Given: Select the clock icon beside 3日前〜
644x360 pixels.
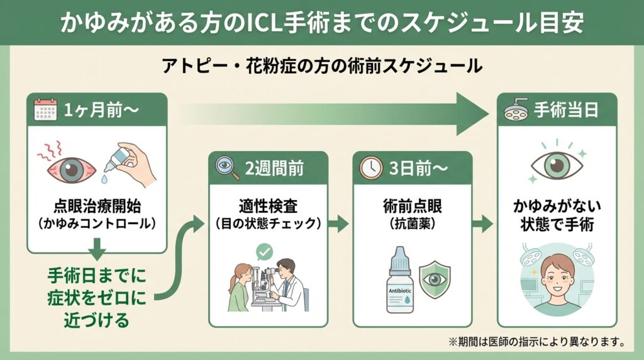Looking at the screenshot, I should (370, 167).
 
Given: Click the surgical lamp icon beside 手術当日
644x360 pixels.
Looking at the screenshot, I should (515, 110).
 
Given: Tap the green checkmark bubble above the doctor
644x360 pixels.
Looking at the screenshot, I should (264, 253).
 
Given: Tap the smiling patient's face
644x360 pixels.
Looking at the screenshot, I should (557, 278).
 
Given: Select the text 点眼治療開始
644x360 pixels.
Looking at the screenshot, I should (97, 206).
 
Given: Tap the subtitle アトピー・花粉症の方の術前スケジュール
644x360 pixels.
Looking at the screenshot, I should (321, 66).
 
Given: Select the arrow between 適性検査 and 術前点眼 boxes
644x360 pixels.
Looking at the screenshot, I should (340, 223).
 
